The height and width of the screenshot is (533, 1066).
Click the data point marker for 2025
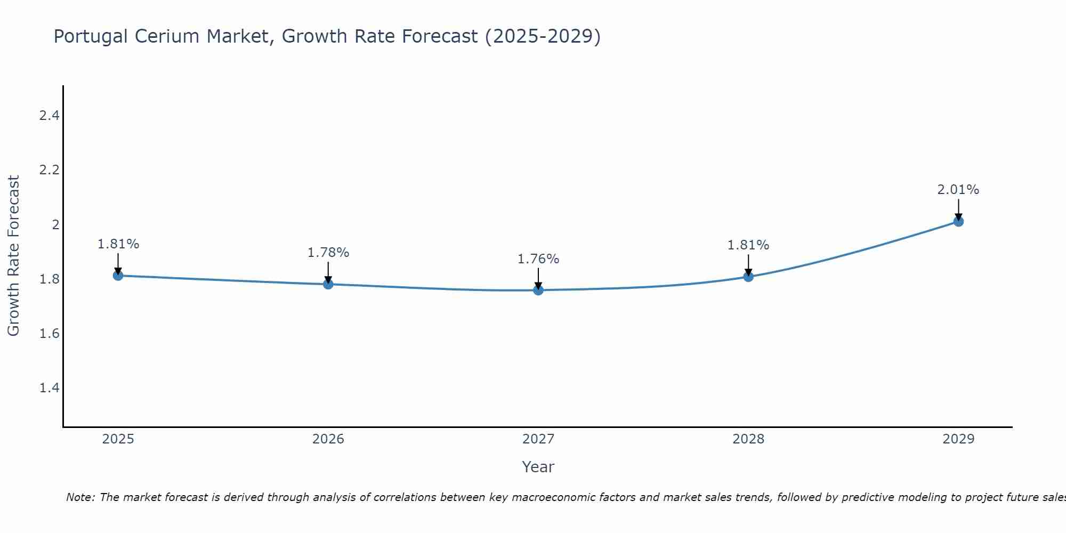click(118, 276)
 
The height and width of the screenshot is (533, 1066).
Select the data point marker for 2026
click(328, 284)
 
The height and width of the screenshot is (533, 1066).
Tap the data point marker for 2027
click(538, 290)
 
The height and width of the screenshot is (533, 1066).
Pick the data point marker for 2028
click(748, 277)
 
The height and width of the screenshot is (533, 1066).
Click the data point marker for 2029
click(958, 221)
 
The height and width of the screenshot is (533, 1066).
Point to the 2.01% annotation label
click(958, 190)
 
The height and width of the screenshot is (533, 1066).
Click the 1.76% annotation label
click(538, 259)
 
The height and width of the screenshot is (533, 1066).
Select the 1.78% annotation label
click(328, 253)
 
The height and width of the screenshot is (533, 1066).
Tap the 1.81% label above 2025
click(118, 244)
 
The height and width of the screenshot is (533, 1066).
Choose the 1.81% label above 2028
click(748, 245)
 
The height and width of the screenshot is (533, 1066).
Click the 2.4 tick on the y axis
click(49, 115)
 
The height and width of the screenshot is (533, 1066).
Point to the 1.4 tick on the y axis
click(49, 387)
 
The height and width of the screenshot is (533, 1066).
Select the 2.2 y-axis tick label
click(49, 170)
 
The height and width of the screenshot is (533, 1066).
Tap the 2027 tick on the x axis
click(538, 439)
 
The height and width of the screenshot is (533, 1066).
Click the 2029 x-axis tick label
click(958, 439)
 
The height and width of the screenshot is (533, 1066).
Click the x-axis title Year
click(538, 467)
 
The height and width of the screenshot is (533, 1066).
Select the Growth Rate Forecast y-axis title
click(13, 256)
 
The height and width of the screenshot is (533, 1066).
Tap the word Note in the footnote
click(80, 497)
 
